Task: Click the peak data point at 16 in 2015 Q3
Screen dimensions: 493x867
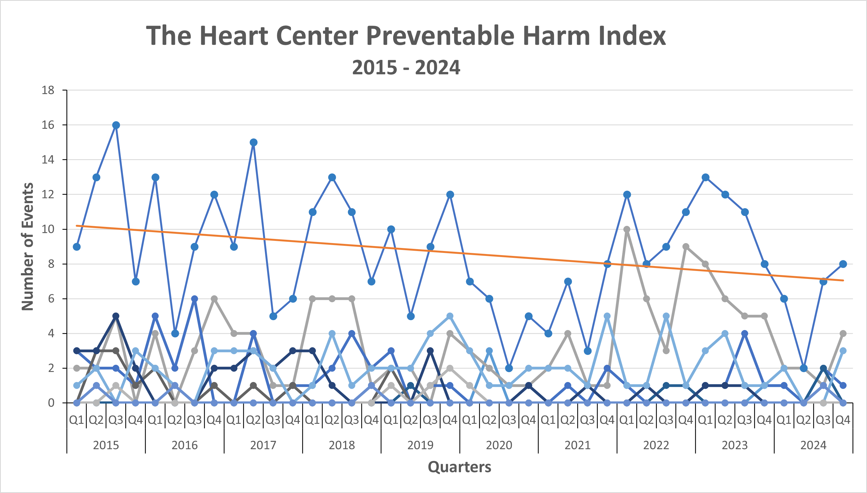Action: click(x=116, y=125)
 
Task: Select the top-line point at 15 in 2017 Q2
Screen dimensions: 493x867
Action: click(x=253, y=142)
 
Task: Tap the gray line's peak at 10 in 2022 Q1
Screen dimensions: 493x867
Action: click(x=627, y=230)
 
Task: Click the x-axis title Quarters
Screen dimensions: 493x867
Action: click(x=459, y=467)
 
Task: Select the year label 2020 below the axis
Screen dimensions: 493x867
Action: click(x=499, y=445)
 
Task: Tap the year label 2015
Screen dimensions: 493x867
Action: click(x=106, y=445)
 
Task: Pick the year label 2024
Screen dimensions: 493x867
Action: click(x=813, y=445)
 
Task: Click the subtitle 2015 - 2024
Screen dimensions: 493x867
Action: click(x=406, y=67)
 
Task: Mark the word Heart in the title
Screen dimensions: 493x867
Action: click(x=233, y=36)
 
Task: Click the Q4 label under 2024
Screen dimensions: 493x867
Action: click(x=843, y=420)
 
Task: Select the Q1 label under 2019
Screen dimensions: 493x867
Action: click(x=391, y=420)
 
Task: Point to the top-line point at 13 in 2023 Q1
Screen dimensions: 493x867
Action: click(x=705, y=177)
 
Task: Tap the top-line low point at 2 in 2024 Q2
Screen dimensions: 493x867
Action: click(x=804, y=368)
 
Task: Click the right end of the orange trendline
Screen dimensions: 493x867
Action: click(x=843, y=280)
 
